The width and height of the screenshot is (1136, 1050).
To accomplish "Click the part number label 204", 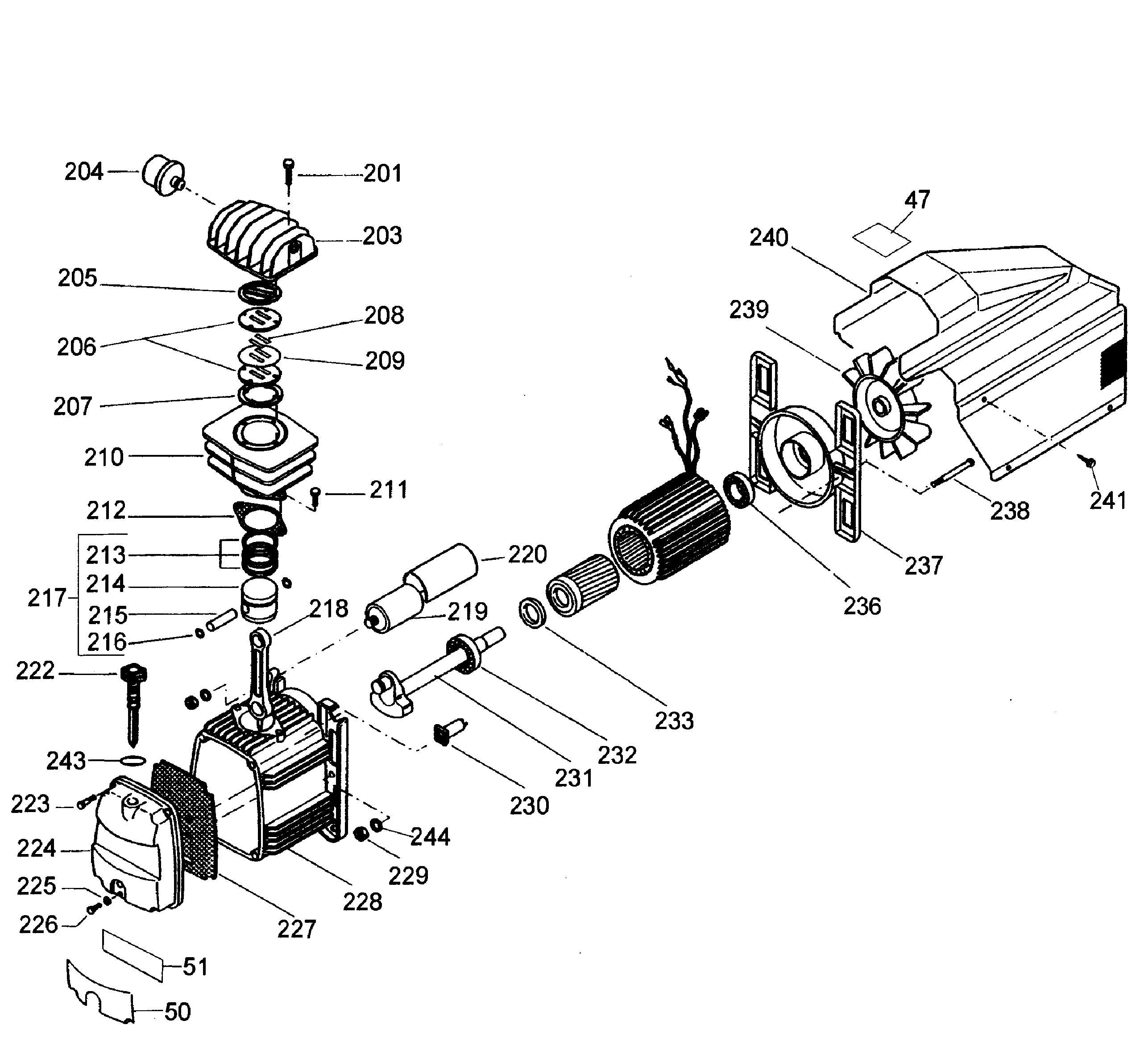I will click(x=83, y=171).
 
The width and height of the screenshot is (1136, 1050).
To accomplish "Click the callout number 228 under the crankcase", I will click(x=362, y=902).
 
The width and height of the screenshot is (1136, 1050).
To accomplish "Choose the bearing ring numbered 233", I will click(x=533, y=612).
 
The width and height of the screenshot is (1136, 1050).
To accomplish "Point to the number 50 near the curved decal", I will click(x=177, y=1012).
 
